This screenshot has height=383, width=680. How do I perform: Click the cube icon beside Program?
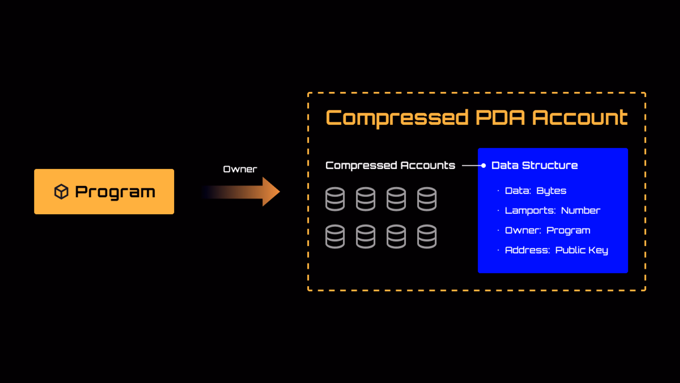point(61,192)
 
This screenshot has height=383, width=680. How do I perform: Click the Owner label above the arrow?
point(240,169)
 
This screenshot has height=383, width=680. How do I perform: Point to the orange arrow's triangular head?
point(271,192)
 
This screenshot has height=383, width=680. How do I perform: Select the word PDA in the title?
point(500,118)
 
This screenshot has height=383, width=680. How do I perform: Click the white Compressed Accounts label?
point(390,166)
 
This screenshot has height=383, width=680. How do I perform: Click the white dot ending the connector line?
point(483,166)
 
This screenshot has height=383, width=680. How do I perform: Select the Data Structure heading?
point(534,166)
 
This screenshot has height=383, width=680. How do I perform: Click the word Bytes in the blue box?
point(551,191)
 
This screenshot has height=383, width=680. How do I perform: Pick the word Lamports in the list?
point(530,211)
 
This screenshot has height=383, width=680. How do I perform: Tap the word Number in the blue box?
point(581,211)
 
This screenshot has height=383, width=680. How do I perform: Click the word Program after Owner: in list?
point(568,231)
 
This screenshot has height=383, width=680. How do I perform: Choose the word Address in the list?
point(527,250)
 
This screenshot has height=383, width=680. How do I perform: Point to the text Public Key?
point(582,250)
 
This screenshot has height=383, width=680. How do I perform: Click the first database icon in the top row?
point(335,199)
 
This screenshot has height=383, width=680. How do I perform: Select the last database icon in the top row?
point(427,199)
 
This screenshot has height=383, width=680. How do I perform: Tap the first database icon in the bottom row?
point(335,237)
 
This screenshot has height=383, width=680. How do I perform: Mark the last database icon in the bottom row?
point(427,237)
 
